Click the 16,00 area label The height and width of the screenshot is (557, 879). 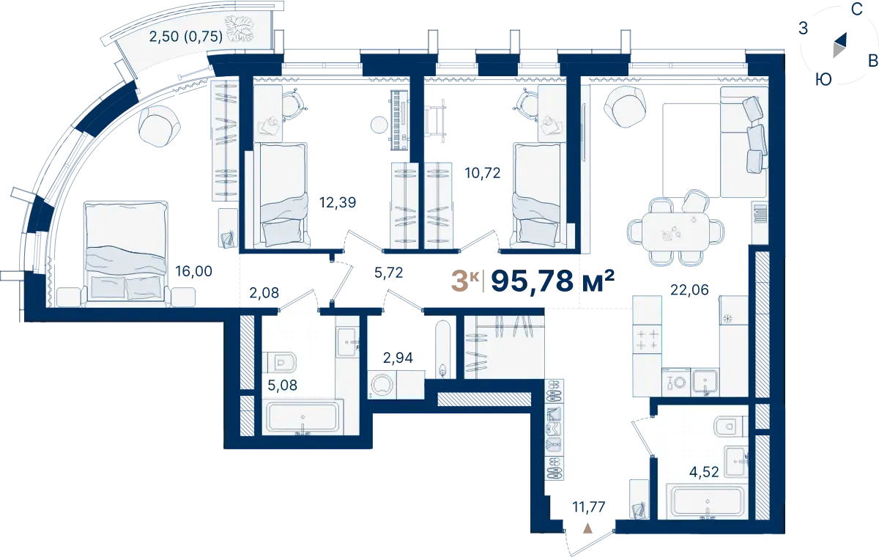coord(193,271)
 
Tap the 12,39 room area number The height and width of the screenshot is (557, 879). coord(338,202)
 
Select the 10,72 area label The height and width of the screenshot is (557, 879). coord(482,173)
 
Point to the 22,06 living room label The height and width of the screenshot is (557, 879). coord(689,289)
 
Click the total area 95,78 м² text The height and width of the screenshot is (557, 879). coord(552,281)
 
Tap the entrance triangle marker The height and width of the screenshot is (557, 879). coord(587,528)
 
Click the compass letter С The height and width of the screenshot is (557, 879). coord(856,10)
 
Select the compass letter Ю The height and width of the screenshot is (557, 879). coord(823,80)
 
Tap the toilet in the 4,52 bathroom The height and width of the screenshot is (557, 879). coord(731,427)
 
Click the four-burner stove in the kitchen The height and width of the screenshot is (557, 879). coord(647,339)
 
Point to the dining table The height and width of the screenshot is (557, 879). coord(675,232)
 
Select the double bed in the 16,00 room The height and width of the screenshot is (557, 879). coord(125,254)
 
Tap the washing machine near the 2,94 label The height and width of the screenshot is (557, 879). coord(382,385)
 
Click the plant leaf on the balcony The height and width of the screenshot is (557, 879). coord(239,29)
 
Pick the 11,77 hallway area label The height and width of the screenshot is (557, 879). coord(589,507)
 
